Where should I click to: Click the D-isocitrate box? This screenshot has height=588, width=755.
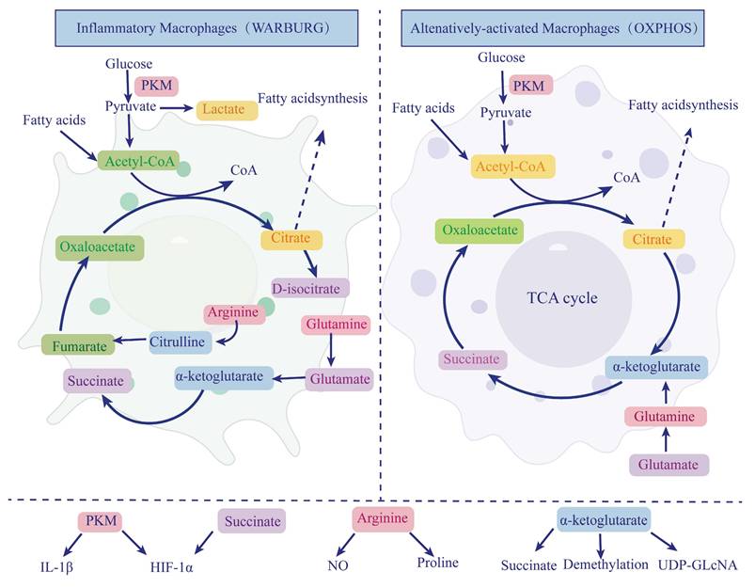click(x=310, y=287)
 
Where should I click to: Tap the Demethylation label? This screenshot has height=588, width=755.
click(x=606, y=564)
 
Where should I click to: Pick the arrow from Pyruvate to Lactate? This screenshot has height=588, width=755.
click(x=175, y=109)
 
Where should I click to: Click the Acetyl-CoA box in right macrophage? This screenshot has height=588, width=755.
click(x=500, y=166)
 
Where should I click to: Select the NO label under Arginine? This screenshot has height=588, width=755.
click(x=338, y=566)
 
